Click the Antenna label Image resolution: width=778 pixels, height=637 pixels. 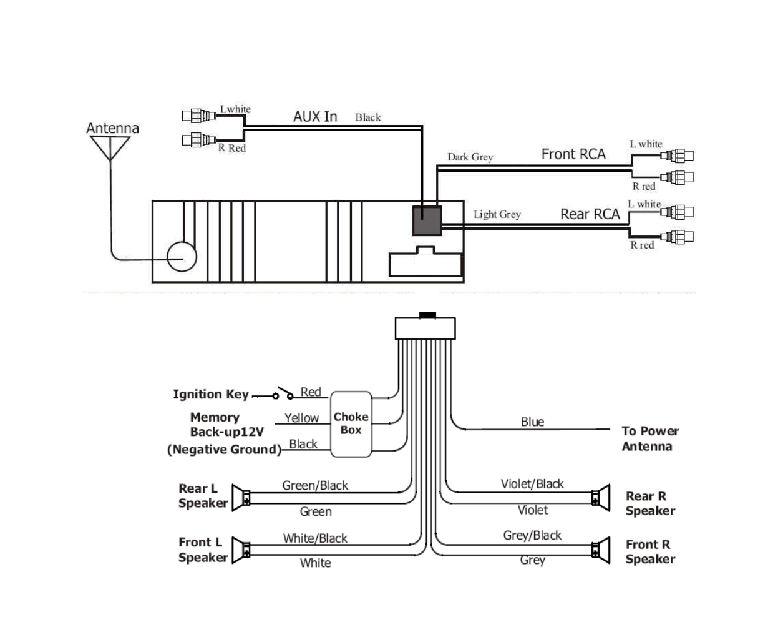112,128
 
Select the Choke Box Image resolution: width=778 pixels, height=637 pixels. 351,423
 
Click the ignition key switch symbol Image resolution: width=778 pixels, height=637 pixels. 283,394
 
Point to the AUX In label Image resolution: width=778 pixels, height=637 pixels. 315,117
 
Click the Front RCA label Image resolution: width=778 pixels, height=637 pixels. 573,154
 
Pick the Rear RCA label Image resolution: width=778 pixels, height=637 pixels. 590,214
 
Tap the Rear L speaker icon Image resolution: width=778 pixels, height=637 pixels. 240,498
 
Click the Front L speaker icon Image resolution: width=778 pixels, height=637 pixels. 240,551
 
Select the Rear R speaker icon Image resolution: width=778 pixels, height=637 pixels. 601,498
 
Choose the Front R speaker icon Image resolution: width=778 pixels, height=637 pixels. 601,550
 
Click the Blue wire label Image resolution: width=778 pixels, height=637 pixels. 532,422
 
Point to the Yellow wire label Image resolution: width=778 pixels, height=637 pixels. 301,418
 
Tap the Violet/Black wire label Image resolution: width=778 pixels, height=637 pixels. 532,484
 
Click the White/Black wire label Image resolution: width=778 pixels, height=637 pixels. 315,538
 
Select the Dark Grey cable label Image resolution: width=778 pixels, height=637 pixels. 470,157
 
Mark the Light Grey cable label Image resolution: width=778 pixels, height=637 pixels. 497,215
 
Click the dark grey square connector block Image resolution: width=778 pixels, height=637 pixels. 427,220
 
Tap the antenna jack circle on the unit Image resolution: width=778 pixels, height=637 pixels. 182,256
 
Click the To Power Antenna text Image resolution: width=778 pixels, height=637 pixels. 650,438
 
